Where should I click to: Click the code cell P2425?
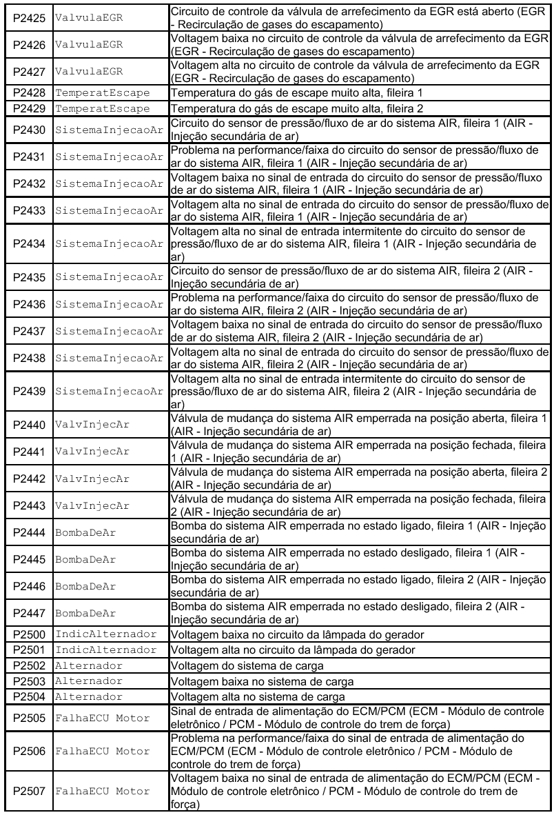[x=28, y=18]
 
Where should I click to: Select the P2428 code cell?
[x=28, y=92]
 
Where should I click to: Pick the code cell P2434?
[x=28, y=244]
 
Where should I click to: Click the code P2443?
[x=28, y=505]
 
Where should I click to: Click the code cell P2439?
[x=28, y=392]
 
